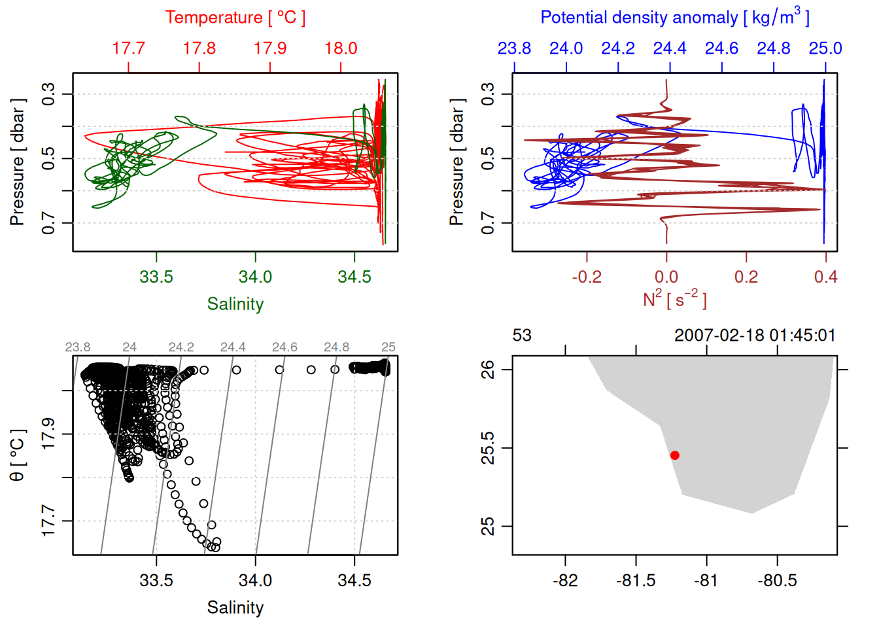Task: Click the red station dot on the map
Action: (674, 455)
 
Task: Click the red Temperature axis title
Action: (235, 18)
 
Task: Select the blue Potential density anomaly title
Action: (674, 18)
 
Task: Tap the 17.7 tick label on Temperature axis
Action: (128, 48)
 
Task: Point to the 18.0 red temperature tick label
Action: (341, 48)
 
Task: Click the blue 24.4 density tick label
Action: (670, 48)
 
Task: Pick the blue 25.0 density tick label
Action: (825, 48)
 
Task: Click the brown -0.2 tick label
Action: (587, 277)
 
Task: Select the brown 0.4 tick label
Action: (825, 277)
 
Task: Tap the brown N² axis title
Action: (674, 299)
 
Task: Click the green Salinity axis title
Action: (235, 304)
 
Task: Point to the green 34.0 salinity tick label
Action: (255, 277)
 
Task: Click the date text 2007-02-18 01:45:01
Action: (755, 336)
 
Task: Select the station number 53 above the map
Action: (522, 336)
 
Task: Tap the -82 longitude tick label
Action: (565, 580)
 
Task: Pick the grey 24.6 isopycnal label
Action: (284, 347)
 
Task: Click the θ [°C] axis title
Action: (18, 455)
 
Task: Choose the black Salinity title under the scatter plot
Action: (235, 608)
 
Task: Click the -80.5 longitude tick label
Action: (777, 580)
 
